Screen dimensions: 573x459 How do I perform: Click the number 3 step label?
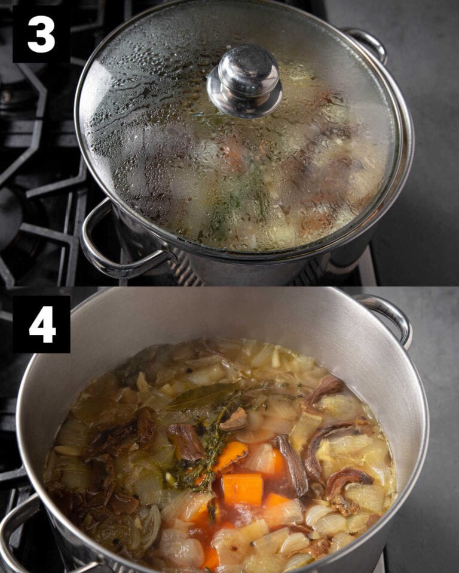41,33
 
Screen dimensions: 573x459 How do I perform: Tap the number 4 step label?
41,324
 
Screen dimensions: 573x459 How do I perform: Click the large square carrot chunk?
242,489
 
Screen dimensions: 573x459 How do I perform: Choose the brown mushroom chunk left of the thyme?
185,442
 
